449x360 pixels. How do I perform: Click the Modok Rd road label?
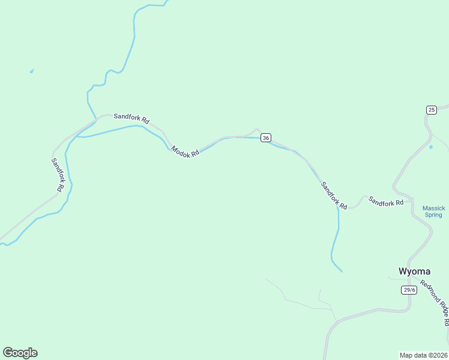[x=185, y=152]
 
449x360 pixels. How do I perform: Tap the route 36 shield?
[x=266, y=138]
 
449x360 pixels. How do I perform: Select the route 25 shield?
[x=432, y=110]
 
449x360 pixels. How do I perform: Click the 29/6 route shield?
[x=409, y=290]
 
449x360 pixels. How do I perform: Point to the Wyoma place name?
[x=415, y=271]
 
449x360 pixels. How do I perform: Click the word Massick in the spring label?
[x=433, y=208]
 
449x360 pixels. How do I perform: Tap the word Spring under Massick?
[x=433, y=215]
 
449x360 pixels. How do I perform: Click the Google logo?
[x=20, y=353]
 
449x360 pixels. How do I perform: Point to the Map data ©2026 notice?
[x=424, y=355]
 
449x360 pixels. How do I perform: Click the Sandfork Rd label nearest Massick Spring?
[x=386, y=202]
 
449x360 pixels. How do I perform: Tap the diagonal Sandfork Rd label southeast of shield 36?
[x=334, y=196]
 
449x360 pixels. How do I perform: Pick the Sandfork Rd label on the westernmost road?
[x=58, y=175]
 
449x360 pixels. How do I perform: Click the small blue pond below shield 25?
[x=430, y=147]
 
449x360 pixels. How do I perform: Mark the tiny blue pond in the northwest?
[x=31, y=71]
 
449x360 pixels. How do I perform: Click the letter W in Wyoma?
[x=403, y=271]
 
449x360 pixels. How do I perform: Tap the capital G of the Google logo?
[x=8, y=353]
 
